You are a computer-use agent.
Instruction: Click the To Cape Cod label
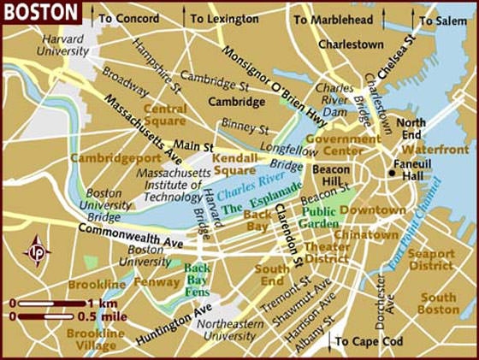(x=370, y=341)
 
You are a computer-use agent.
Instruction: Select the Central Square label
(x=164, y=115)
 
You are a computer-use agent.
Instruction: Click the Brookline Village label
(x=92, y=339)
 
